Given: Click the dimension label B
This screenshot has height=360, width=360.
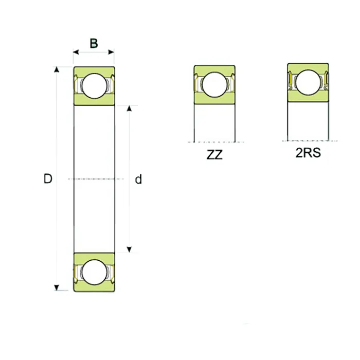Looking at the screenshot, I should pos(94,43).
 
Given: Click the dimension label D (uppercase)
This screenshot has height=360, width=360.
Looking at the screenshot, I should pos(48,179).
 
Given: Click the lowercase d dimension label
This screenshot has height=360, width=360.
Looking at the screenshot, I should pos(138,179).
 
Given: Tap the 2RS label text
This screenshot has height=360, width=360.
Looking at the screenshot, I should pos(308,153).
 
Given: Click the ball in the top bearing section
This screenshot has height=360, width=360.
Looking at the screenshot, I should pos(94,86).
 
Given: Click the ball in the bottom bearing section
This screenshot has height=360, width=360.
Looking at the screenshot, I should pos(94,272).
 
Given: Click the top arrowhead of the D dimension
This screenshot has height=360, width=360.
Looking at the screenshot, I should pos(57,70).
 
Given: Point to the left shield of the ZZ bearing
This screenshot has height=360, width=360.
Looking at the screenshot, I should pos(197,84).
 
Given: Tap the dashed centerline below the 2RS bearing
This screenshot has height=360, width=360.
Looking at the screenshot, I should pos(309,140).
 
